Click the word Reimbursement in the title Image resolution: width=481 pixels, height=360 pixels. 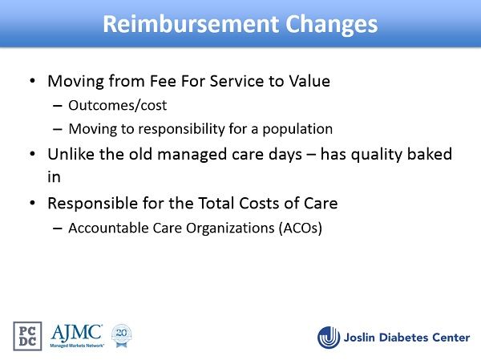point(191,24)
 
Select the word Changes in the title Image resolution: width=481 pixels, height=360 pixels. point(332,25)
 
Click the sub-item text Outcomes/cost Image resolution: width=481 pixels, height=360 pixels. point(118,105)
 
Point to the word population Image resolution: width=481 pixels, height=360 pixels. point(297,129)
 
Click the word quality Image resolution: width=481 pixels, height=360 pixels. point(377,155)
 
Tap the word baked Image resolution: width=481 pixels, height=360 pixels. point(430,154)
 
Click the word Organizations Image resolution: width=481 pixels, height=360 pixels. point(230,229)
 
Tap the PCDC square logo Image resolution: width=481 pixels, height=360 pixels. point(27,336)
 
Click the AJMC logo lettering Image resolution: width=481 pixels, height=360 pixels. point(77,334)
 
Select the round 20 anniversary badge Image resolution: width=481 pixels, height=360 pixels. point(122,335)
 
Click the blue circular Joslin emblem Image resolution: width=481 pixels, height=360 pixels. point(329,338)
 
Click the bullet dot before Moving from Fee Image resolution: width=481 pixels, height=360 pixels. point(33,81)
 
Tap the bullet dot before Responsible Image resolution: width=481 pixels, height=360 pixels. point(33,203)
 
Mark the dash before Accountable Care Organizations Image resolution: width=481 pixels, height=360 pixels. point(58,229)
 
